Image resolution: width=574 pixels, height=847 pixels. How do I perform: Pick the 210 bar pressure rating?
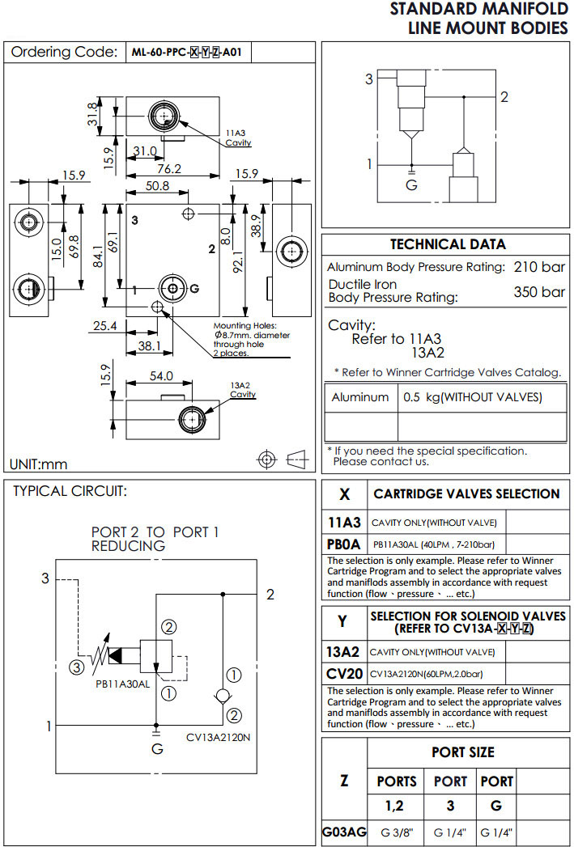[x=539, y=267]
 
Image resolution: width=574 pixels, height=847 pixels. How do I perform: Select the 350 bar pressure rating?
[x=539, y=292]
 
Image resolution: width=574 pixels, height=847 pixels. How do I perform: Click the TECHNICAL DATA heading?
[x=447, y=244]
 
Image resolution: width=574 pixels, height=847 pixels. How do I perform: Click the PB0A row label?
[x=344, y=544]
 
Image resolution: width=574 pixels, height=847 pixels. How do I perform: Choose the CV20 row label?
[x=344, y=674]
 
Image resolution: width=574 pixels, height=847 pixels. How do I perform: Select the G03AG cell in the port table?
[x=344, y=832]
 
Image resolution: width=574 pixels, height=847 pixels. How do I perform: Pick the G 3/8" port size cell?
[x=397, y=832]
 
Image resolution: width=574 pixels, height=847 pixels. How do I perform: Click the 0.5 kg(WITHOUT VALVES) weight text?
[x=472, y=397]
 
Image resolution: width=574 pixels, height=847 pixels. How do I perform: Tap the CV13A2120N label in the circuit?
[x=218, y=737]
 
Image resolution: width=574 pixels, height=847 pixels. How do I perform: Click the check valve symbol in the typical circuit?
[x=222, y=695]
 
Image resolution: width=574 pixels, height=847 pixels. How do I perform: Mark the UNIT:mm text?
[x=39, y=464]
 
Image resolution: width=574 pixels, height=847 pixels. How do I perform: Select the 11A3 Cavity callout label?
[x=238, y=137]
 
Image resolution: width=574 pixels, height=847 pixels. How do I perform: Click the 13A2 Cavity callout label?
[x=243, y=390]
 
